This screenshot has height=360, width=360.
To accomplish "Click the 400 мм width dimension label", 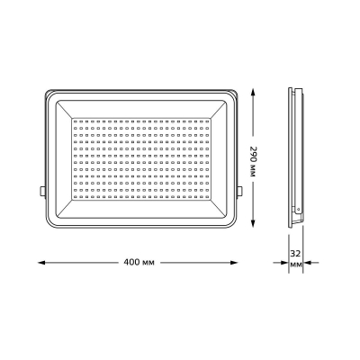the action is (139, 263).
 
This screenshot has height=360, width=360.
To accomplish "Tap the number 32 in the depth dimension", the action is (295, 254).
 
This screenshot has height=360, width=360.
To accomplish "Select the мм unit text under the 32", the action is (295, 265).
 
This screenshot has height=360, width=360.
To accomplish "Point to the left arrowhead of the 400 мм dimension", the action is (41, 263).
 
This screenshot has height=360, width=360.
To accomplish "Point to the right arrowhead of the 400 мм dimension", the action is (234, 263).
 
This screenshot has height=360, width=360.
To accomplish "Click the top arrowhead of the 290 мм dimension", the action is (253, 92).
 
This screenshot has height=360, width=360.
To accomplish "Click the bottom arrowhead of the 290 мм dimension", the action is (253, 223).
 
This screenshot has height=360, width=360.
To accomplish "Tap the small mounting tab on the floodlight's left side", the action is (42, 192).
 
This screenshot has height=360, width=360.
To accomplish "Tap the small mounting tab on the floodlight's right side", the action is (240, 192).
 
